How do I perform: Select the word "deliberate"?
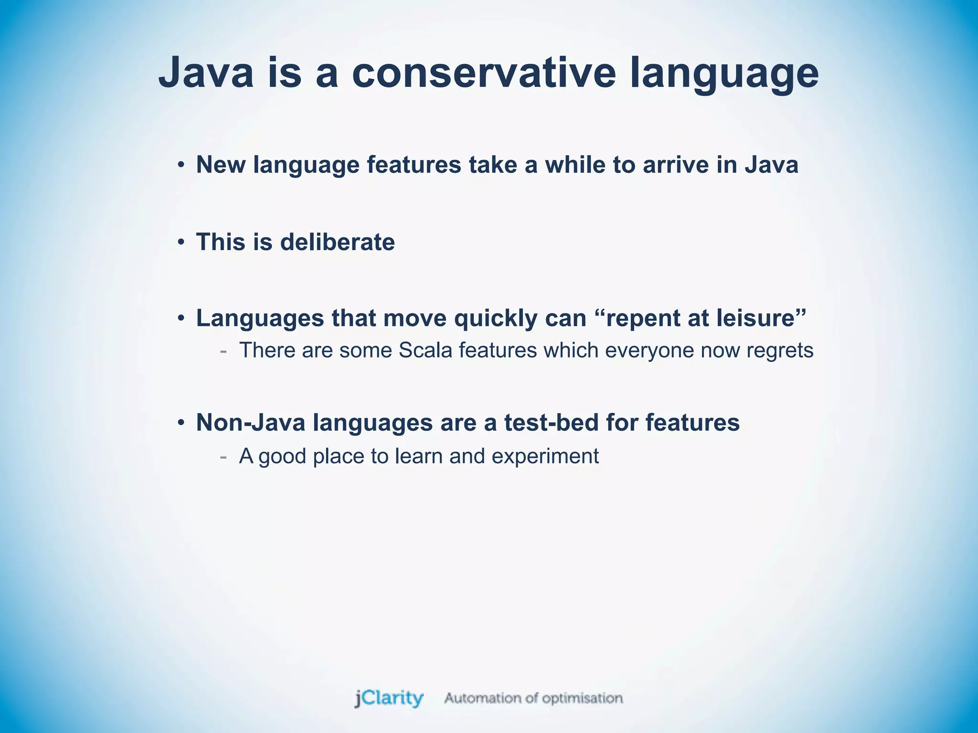pyautogui.click(x=337, y=242)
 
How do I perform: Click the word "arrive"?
pyautogui.click(x=675, y=165)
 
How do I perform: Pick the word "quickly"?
pyautogui.click(x=495, y=318)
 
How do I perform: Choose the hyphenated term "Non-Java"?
pyautogui.click(x=251, y=423)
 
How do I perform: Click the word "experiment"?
pyautogui.click(x=545, y=457)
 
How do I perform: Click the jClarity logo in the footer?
pyautogui.click(x=389, y=698)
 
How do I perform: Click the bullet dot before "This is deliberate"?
pyautogui.click(x=181, y=242)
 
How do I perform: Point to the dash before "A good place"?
pyautogui.click(x=223, y=457)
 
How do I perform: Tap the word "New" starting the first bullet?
pyautogui.click(x=221, y=165)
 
